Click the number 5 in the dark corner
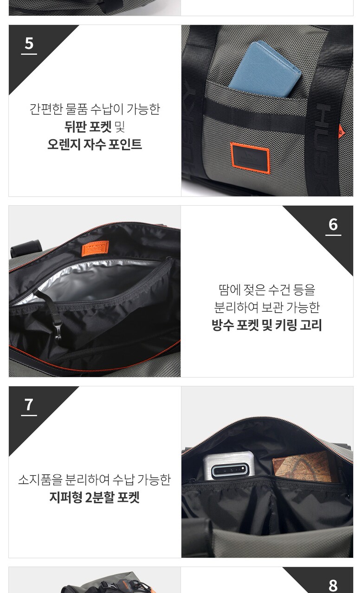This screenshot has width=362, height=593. pos(29,43)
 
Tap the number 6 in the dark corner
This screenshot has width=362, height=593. pos(333,224)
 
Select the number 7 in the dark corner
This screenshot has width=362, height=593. pos(29,405)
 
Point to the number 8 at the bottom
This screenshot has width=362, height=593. pos(333,585)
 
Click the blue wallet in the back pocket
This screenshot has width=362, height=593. pos(265,69)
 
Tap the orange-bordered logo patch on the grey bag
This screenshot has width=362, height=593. pos(250,158)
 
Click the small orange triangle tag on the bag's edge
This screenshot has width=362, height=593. pos(341,131)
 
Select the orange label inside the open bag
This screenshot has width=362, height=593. pos(95,248)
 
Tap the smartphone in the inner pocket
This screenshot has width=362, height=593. pos(229,466)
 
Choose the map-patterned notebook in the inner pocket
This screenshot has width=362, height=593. pos(302,467)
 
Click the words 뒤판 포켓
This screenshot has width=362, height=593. pos(88,127)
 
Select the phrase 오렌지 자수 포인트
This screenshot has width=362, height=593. pos(95,145)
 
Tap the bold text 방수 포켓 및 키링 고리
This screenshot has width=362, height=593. pos(267,325)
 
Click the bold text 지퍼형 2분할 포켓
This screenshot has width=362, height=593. pos(94,497)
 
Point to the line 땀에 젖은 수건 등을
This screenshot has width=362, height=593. pos(267,290)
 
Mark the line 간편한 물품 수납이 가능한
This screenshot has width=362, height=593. pos(95,109)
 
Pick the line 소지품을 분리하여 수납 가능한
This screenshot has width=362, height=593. pos(94,479)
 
